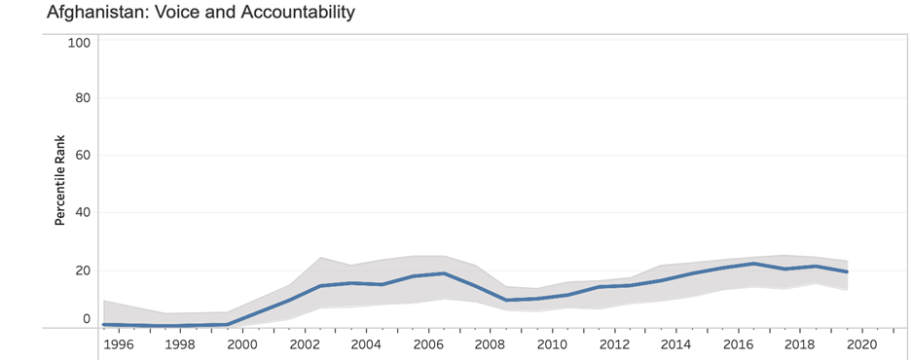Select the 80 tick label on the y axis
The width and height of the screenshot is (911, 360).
[x=83, y=98]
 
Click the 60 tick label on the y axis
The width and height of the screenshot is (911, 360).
[x=83, y=155]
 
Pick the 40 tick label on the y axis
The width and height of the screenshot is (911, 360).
[x=83, y=212]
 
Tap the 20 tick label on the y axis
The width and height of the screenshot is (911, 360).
[x=83, y=270]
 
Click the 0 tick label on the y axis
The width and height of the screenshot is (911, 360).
[x=87, y=318]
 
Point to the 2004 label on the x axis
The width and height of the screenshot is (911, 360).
[x=366, y=344]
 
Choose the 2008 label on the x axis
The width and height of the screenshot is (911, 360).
[x=490, y=344]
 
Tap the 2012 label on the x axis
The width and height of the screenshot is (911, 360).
[x=614, y=344]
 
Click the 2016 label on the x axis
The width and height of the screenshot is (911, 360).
[x=738, y=344]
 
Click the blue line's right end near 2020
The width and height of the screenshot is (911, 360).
[x=847, y=271]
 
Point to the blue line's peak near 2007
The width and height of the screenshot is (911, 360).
[x=444, y=273]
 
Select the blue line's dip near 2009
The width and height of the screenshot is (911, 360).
[x=506, y=300]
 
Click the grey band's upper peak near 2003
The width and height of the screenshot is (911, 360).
[x=320, y=258]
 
